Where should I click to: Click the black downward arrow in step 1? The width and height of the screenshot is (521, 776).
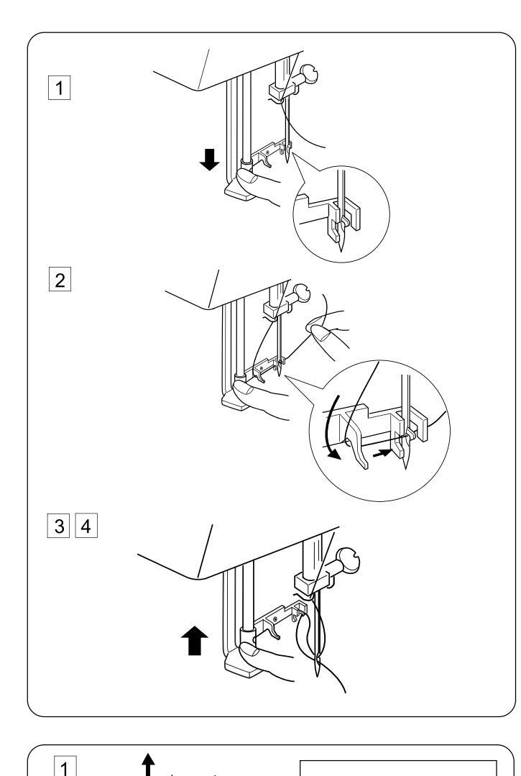[210, 160]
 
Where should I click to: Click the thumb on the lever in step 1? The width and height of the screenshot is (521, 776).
[246, 175]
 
